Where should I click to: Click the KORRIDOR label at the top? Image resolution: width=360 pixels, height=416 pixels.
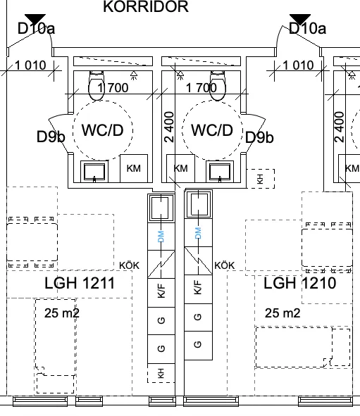click(x=146, y=6)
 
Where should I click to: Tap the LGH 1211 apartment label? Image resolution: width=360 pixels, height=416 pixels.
click(x=80, y=283)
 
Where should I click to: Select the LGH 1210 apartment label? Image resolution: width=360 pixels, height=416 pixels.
click(x=300, y=283)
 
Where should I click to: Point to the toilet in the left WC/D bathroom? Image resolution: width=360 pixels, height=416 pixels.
click(x=97, y=85)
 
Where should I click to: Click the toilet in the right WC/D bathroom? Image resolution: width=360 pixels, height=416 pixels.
click(x=218, y=85)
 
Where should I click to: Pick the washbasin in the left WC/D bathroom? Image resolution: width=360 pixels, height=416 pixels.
click(x=94, y=171)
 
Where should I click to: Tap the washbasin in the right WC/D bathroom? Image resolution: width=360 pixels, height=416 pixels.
click(x=220, y=171)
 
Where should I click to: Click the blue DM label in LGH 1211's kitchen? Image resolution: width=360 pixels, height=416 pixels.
click(x=161, y=237)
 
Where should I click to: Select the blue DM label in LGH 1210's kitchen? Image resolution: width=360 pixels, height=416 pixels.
click(x=198, y=233)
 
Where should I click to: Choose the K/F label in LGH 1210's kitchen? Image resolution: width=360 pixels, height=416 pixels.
click(x=198, y=287)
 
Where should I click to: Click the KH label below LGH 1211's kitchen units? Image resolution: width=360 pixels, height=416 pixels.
click(x=161, y=373)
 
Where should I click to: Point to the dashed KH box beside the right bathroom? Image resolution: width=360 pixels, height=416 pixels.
click(x=261, y=179)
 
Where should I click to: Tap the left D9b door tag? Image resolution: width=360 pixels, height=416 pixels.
click(x=51, y=137)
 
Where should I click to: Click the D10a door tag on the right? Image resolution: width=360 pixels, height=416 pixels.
click(x=307, y=28)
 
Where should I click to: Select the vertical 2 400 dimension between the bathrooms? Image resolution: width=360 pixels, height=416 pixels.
click(x=169, y=127)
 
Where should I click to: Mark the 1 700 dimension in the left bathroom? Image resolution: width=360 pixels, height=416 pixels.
click(x=113, y=87)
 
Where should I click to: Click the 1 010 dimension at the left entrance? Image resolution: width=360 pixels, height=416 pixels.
click(x=30, y=65)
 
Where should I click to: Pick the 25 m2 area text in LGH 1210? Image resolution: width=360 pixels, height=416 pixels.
click(x=283, y=313)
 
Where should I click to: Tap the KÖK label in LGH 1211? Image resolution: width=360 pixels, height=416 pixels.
click(x=129, y=265)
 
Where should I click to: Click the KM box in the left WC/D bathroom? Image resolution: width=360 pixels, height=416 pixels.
click(x=134, y=168)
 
